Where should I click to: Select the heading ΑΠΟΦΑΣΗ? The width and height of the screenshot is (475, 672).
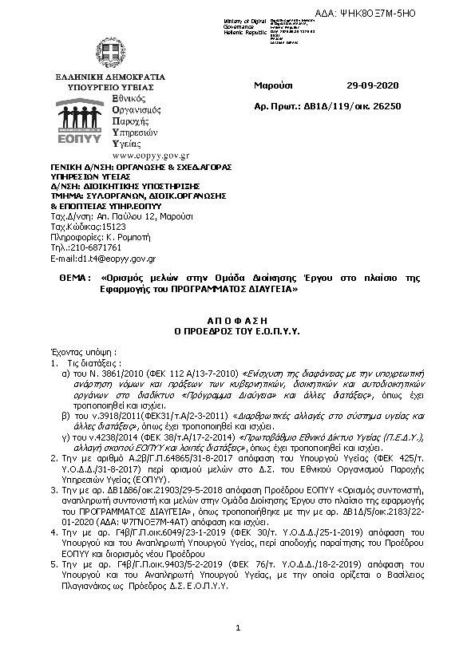tap(236, 318)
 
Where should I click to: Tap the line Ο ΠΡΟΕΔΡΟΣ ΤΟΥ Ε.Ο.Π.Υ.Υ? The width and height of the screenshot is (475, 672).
tap(236, 328)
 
